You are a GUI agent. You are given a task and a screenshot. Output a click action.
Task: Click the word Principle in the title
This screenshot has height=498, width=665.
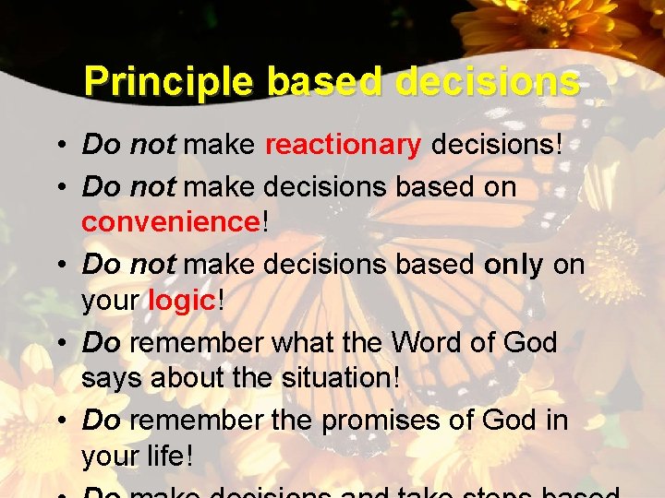point(167,82)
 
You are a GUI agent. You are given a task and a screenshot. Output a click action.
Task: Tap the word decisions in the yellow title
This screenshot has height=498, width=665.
point(488,82)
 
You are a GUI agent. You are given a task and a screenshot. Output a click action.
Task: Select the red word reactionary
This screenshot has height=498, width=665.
point(343,145)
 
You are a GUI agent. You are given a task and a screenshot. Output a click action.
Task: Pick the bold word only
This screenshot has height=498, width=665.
point(514,265)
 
